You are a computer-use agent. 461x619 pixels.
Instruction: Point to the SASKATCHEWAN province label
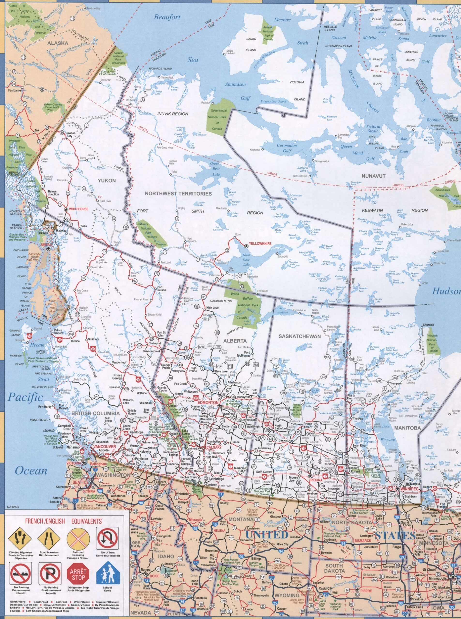[300, 337]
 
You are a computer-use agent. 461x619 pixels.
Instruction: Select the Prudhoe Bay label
[96, 8]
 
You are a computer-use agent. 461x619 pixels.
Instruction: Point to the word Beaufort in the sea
[167, 17]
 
